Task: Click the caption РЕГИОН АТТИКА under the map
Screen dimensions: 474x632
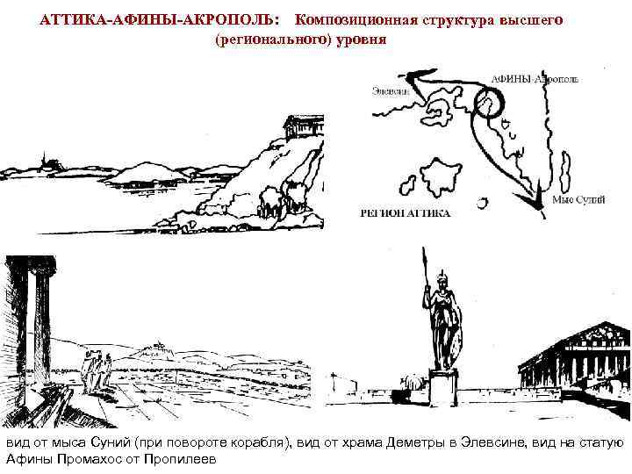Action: [406, 213]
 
